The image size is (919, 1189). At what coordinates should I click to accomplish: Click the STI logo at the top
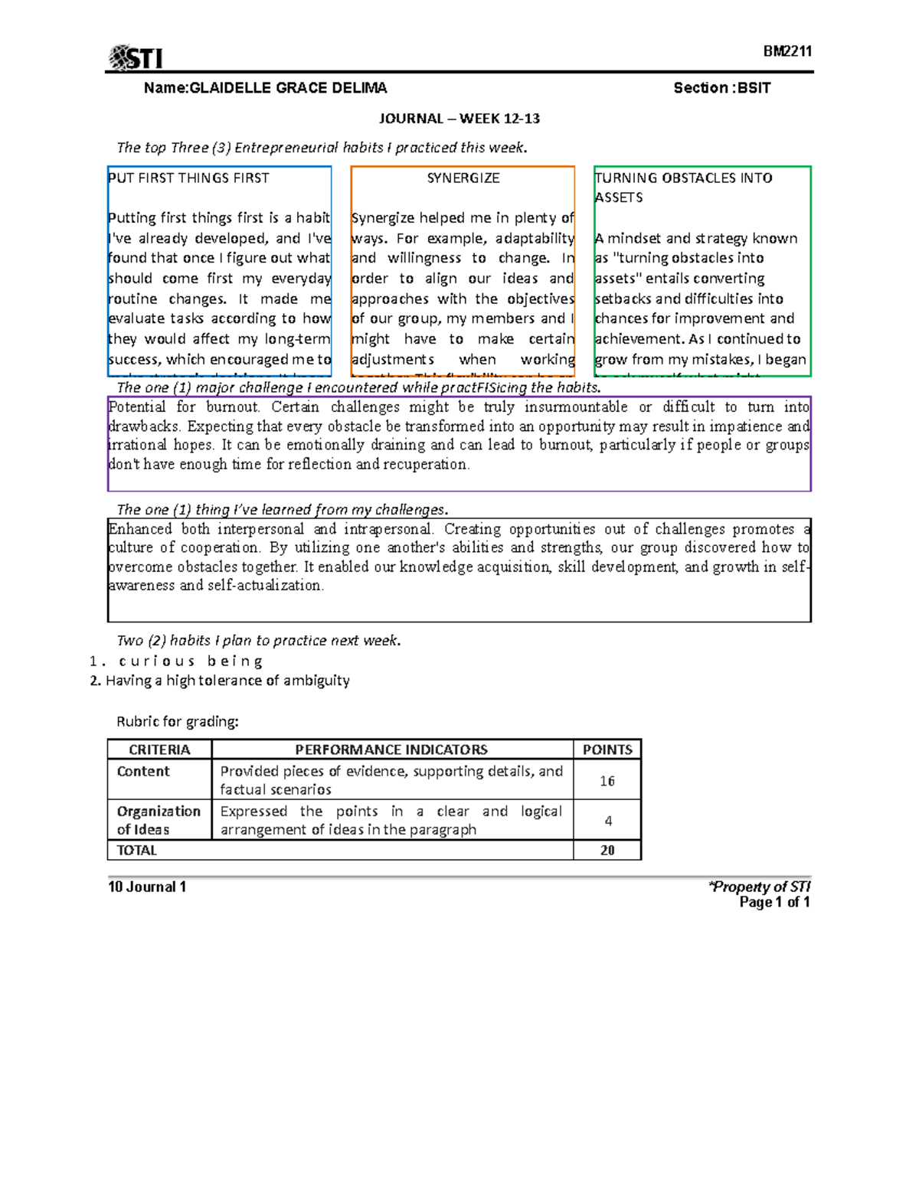[x=136, y=58]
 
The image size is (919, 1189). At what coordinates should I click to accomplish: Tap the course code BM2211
[x=787, y=51]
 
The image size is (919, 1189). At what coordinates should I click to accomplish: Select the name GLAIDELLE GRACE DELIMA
[x=288, y=88]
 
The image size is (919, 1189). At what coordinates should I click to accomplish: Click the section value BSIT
[x=754, y=88]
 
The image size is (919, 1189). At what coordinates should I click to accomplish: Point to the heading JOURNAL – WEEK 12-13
[x=459, y=119]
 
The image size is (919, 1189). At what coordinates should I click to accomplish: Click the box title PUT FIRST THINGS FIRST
[x=188, y=178]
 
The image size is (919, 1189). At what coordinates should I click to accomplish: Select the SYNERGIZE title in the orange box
[x=463, y=178]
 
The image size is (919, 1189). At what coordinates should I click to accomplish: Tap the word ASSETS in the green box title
[x=619, y=198]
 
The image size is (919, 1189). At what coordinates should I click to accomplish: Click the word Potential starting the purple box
[x=136, y=407]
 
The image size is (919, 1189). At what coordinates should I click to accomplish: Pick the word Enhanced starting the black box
[x=140, y=529]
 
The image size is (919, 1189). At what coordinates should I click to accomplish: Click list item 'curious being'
[x=191, y=661]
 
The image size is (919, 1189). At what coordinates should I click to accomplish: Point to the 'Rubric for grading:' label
[x=177, y=721]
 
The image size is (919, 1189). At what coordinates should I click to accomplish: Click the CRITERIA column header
[x=159, y=750]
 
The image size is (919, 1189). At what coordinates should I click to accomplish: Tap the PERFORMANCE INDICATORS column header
[x=391, y=750]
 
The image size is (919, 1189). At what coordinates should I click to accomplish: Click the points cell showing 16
[x=607, y=781]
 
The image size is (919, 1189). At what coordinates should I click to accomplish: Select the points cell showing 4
[x=608, y=821]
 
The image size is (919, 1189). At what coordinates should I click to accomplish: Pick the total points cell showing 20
[x=607, y=851]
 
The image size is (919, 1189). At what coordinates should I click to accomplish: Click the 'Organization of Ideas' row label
[x=159, y=820]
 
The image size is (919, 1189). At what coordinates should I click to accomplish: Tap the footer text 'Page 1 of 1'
[x=773, y=903]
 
